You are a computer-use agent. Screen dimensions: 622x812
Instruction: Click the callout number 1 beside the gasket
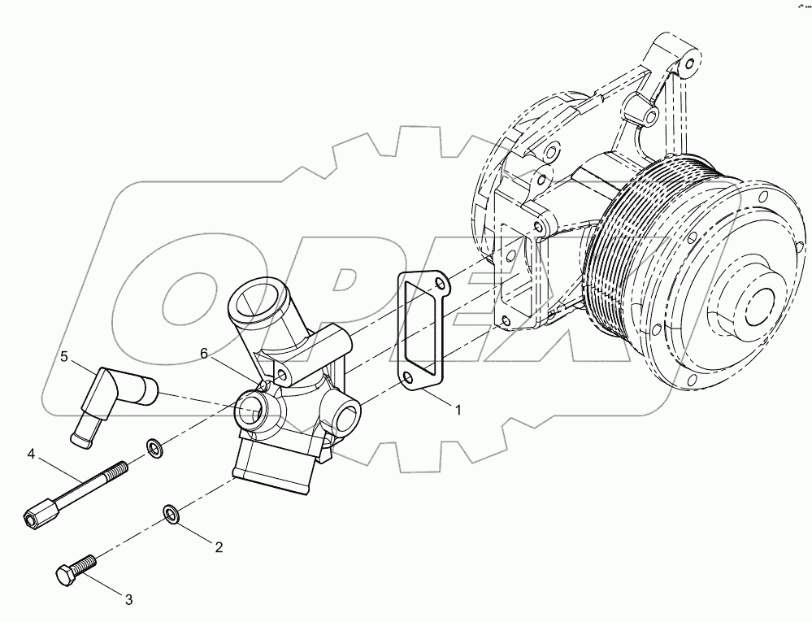click(x=458, y=411)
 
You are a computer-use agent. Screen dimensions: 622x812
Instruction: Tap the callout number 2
click(x=218, y=546)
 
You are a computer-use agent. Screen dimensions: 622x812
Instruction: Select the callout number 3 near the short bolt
click(x=128, y=600)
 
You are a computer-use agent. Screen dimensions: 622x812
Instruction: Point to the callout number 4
click(x=31, y=452)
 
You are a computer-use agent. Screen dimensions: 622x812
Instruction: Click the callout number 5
click(x=63, y=356)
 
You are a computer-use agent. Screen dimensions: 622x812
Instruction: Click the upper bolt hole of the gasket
click(x=440, y=285)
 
